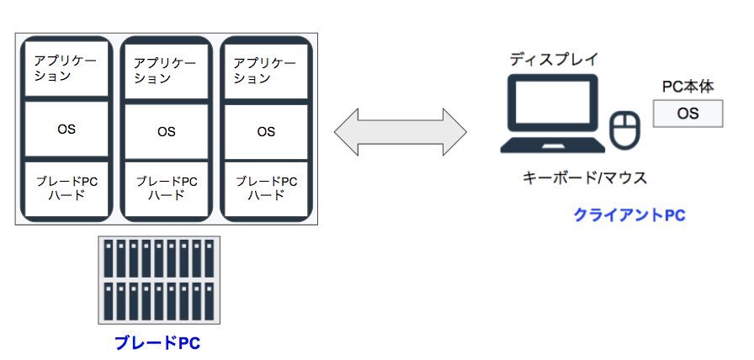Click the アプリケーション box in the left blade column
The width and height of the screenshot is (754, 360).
[x=66, y=68]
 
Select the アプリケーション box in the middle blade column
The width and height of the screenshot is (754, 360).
[x=166, y=71]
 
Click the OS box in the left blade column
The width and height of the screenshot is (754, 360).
[x=66, y=129]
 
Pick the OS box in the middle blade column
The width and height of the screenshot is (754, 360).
[x=166, y=131]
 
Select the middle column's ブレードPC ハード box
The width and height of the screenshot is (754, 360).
[x=166, y=188]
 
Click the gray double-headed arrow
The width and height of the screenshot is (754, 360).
[x=400, y=131]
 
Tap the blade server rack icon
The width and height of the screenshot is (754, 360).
[x=158, y=280]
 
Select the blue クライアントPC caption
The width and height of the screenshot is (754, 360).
[x=629, y=215]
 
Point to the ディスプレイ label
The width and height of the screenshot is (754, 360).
[x=553, y=60]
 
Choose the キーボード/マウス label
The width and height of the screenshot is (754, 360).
[x=584, y=178]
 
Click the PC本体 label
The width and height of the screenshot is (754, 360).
[x=688, y=87]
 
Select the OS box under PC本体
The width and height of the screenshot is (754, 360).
[x=688, y=114]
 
